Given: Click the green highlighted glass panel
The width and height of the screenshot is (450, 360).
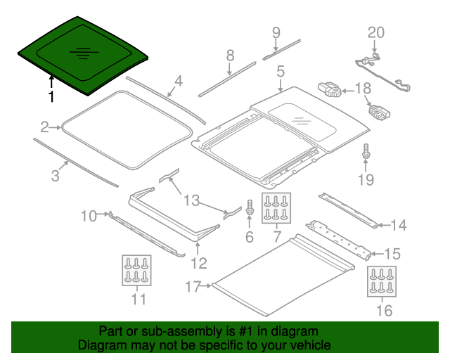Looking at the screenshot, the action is (83, 55).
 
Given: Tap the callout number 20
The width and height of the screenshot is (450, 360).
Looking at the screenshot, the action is (376, 32).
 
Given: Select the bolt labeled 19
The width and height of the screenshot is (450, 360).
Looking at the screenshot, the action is (366, 151).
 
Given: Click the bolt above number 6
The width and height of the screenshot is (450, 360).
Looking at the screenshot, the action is (250, 207).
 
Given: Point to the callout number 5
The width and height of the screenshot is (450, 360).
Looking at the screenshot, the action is (281, 71).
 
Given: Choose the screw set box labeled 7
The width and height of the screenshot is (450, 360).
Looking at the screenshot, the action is (276, 208).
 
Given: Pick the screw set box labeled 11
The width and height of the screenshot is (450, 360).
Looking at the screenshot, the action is (136, 270).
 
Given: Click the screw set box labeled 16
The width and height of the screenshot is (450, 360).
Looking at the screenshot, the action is (382, 281).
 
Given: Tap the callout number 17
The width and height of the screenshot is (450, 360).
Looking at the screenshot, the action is (193, 286).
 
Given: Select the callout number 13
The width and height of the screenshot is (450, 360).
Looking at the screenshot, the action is (191, 200).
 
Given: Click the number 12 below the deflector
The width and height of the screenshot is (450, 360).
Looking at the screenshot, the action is (199, 263).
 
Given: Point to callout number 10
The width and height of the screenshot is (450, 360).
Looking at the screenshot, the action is (89, 216).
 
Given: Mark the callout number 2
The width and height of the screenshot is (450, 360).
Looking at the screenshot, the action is (44, 127).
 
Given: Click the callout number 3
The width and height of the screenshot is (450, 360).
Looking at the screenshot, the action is (55, 175).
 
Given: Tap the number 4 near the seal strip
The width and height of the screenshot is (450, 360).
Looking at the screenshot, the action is (179, 82).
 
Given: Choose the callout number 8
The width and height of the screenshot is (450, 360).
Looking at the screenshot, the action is (230, 56).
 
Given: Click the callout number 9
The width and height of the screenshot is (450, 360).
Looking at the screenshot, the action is (276, 33).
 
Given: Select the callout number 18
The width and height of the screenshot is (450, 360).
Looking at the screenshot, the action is (363, 89).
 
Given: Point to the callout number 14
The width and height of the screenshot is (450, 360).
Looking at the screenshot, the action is (399, 226).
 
